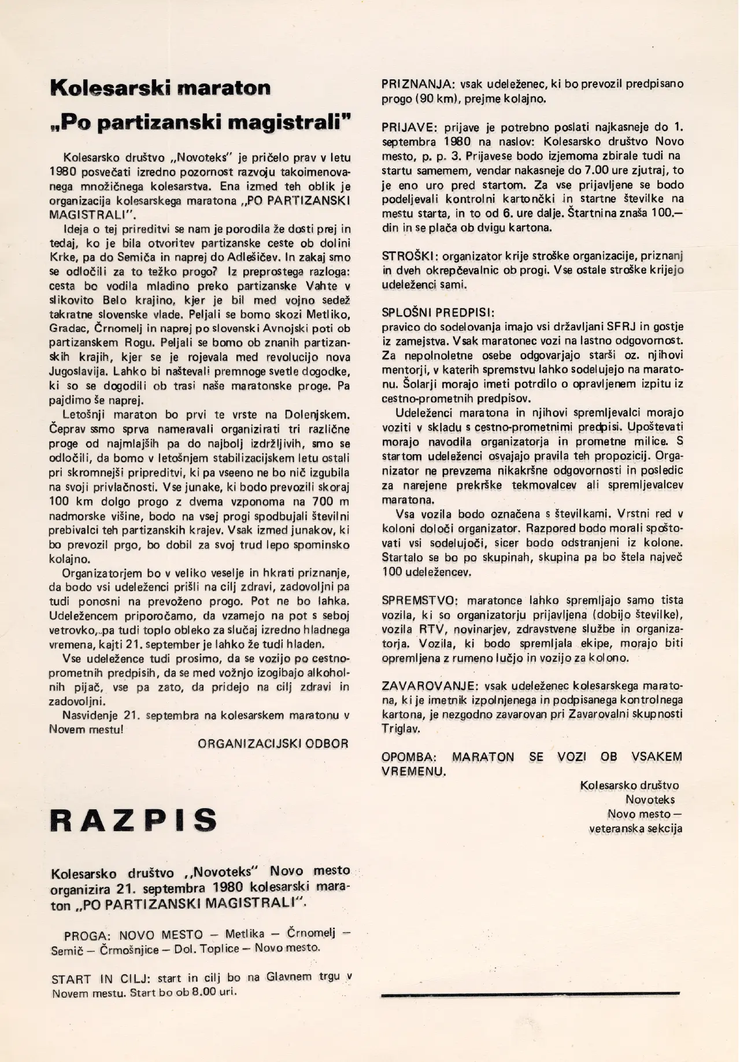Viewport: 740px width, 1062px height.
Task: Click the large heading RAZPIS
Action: [134, 820]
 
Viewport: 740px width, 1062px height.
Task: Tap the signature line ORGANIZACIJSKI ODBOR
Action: [273, 744]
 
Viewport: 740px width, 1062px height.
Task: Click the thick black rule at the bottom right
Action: [530, 993]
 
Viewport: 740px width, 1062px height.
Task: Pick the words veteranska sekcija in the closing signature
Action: [635, 828]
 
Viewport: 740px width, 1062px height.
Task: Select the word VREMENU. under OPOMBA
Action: [413, 772]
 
